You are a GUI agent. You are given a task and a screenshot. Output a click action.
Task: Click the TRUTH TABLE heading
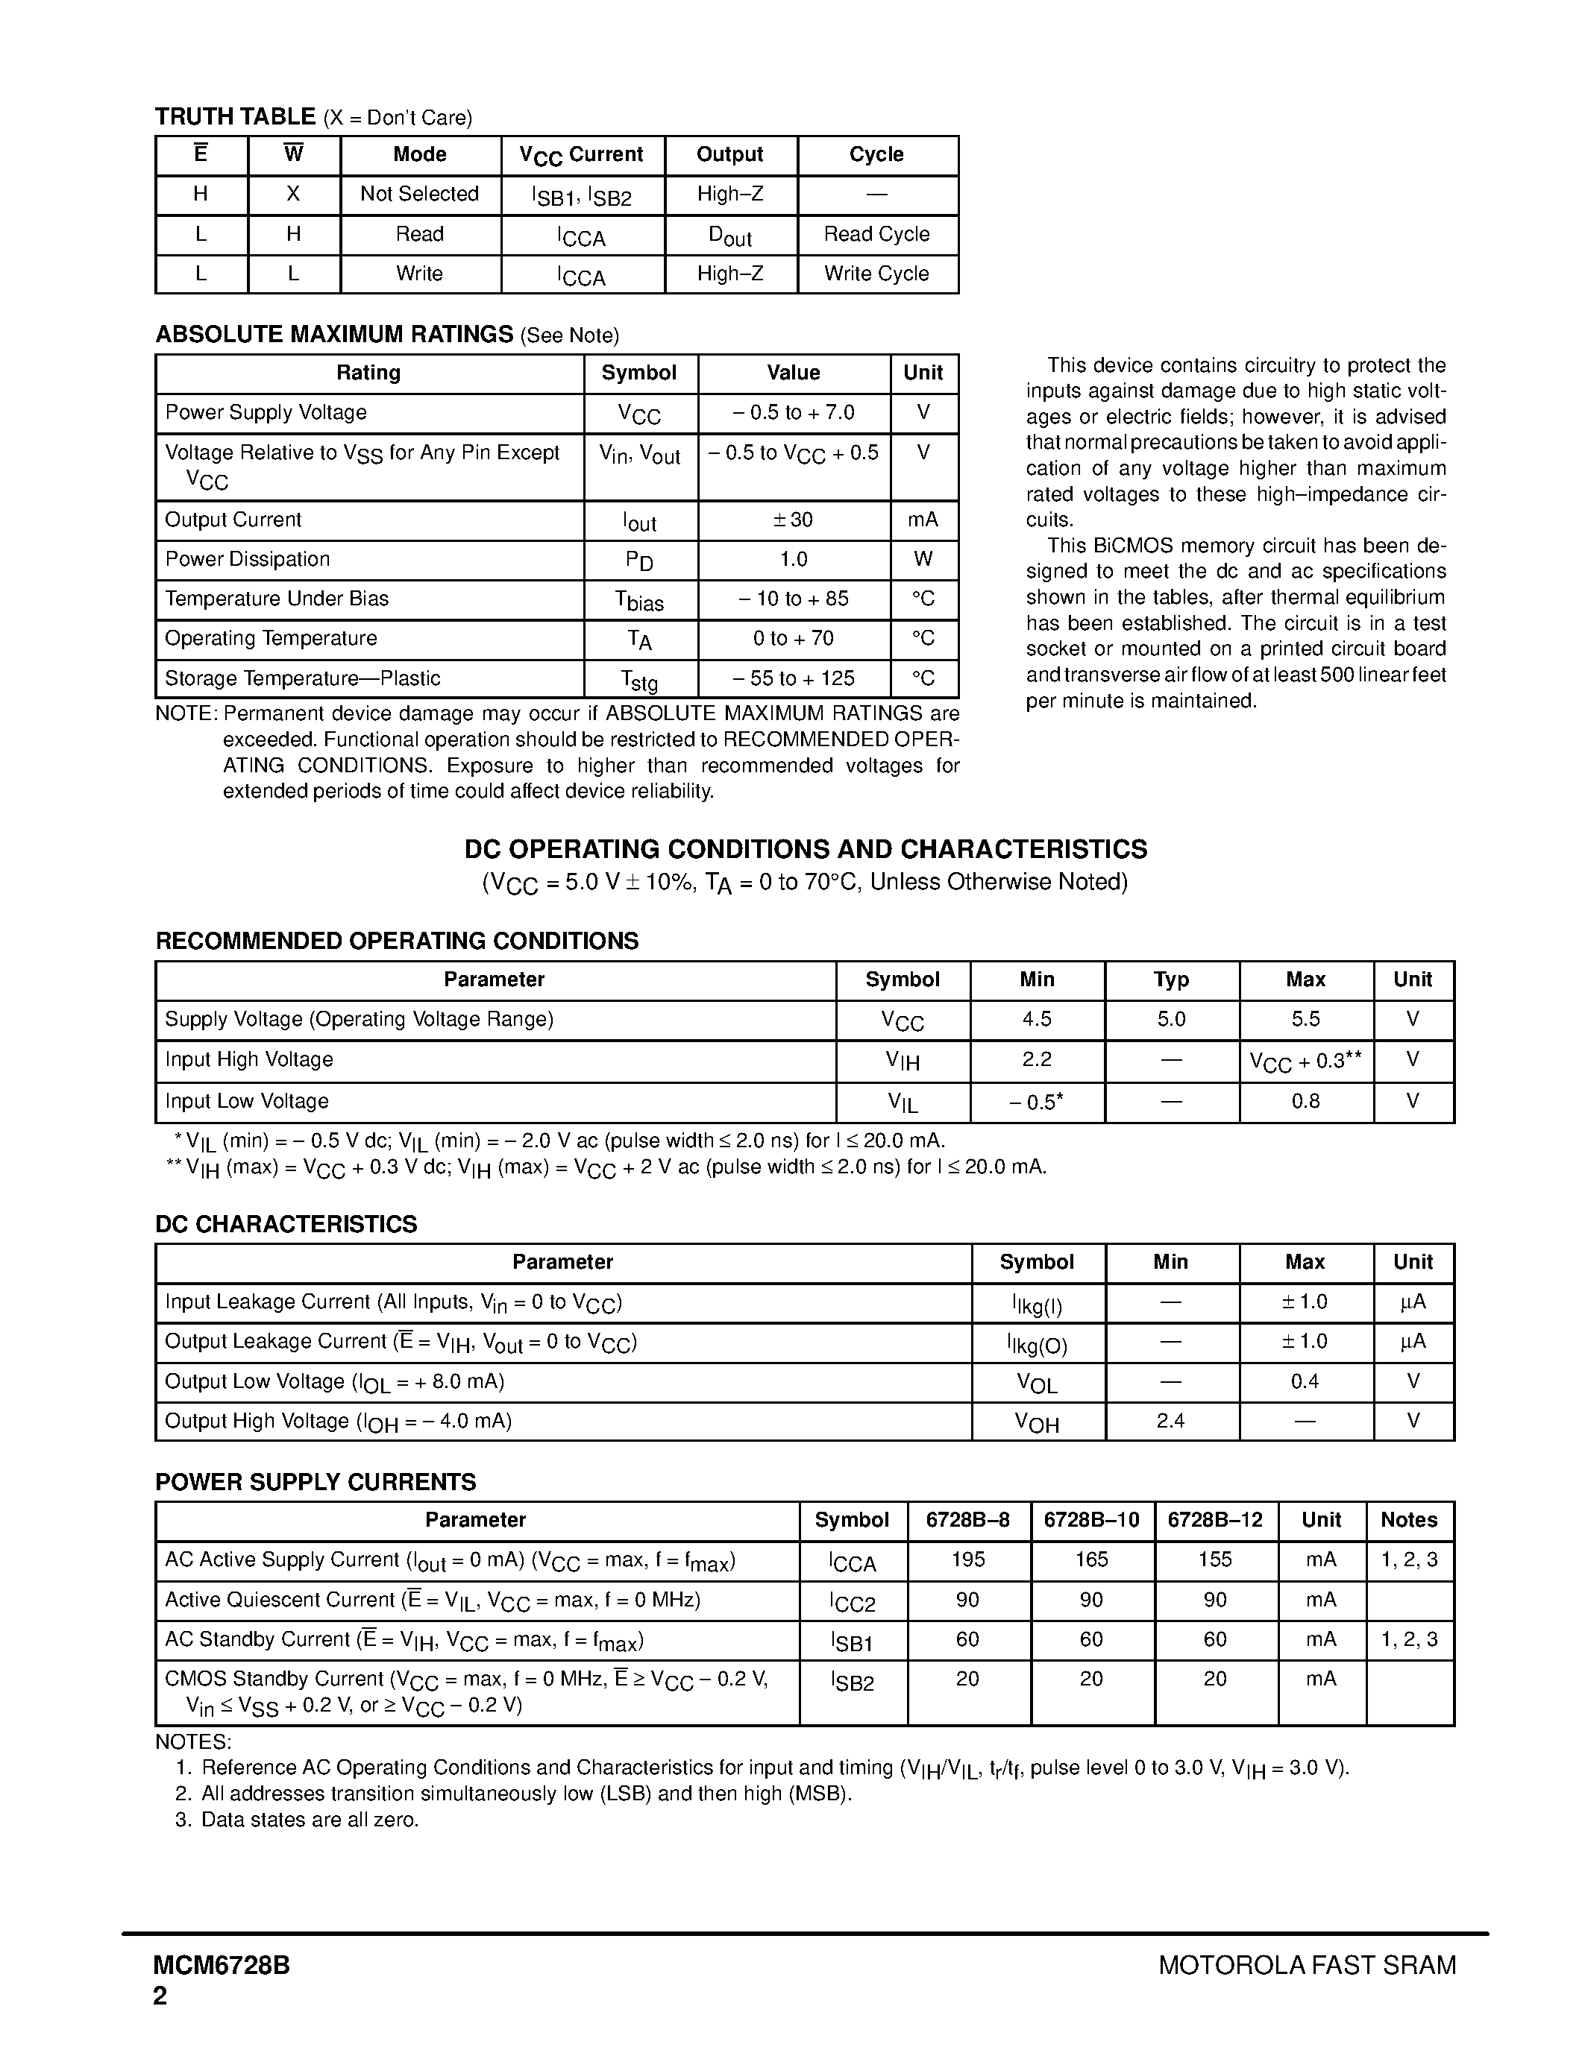235,116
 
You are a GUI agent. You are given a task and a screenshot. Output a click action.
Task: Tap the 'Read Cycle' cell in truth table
876,235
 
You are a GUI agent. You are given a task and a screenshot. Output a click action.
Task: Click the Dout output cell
729,236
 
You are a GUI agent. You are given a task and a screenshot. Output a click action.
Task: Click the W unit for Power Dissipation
922,559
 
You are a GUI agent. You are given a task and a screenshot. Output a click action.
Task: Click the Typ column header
1171,980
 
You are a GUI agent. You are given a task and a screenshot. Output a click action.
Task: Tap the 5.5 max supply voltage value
1305,1019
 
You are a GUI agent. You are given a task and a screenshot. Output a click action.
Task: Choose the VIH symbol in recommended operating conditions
903,1061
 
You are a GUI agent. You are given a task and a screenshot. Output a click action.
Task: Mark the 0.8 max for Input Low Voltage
1305,1102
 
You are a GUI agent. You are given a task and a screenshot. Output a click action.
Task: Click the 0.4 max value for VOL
1305,1381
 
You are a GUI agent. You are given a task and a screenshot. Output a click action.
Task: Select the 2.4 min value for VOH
1170,1421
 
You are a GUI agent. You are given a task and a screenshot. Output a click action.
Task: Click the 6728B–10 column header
1091,1520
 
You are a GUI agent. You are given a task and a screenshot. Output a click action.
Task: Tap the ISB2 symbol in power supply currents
852,1681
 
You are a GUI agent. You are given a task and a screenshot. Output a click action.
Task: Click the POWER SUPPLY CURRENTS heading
316,1482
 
